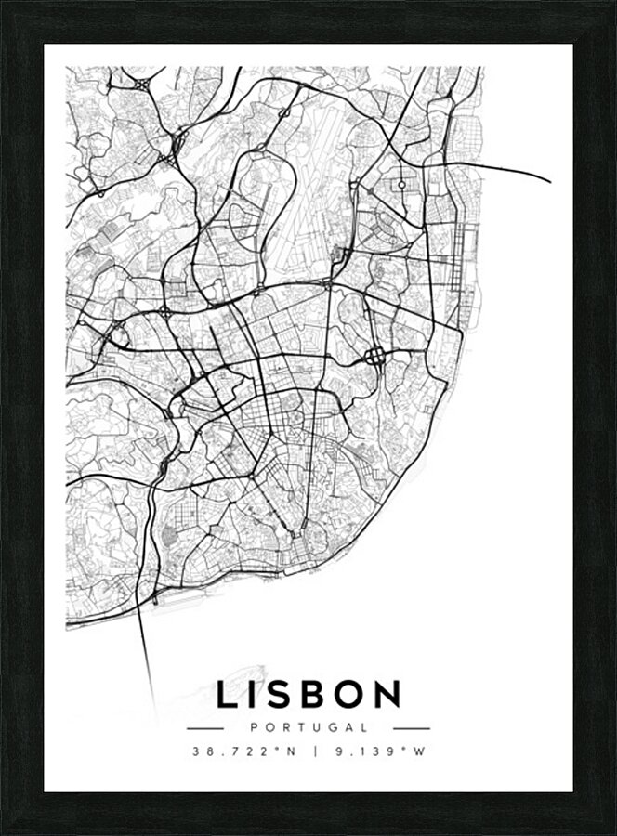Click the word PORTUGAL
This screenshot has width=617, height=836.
[x=308, y=728]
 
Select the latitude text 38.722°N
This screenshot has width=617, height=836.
[x=243, y=751]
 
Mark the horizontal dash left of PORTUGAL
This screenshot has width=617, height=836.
[x=205, y=728]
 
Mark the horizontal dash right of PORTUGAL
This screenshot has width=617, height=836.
[x=412, y=728]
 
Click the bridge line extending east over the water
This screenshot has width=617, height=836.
[x=506, y=169]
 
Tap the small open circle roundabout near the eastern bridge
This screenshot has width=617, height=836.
[x=401, y=185]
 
